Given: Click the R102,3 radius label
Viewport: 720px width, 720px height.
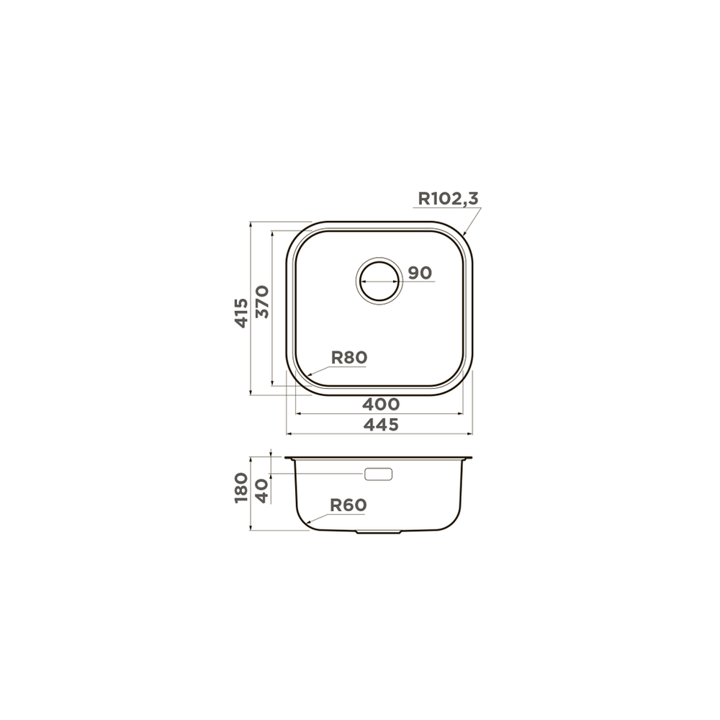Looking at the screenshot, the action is point(448,199).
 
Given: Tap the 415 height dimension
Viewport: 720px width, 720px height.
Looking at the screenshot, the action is point(241,313).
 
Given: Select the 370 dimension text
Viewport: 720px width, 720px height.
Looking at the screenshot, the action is point(262,302).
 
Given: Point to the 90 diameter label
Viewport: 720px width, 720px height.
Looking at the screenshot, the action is point(420,273).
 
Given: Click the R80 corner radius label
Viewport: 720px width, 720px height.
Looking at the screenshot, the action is point(349,357).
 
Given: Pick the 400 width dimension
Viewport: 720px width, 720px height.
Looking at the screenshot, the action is point(381,404).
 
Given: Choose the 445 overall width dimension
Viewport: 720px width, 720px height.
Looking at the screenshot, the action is point(381,425).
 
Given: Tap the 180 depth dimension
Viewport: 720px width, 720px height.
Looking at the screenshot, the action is point(241,488).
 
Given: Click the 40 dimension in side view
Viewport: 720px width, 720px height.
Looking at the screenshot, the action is point(261,491).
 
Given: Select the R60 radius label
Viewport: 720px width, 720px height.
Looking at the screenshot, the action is point(348,505).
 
